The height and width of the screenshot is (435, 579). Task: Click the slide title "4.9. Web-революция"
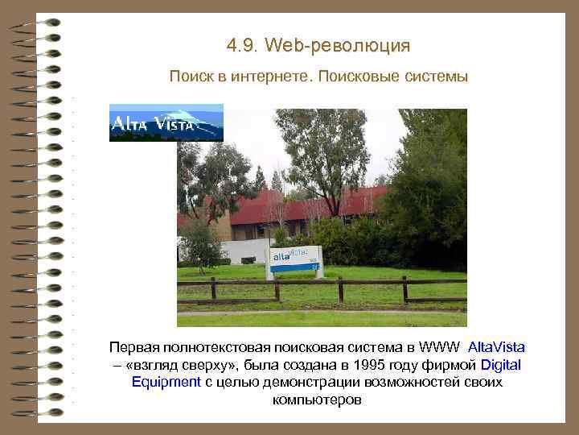click(x=318, y=46)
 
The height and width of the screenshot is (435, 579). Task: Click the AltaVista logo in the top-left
click(x=166, y=123)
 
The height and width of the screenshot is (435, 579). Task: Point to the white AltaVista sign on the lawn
click(x=295, y=259)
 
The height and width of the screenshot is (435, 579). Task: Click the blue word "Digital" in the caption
click(x=500, y=365)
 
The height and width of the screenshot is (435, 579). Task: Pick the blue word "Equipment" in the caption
click(x=166, y=382)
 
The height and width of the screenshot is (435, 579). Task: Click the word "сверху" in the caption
click(x=199, y=365)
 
